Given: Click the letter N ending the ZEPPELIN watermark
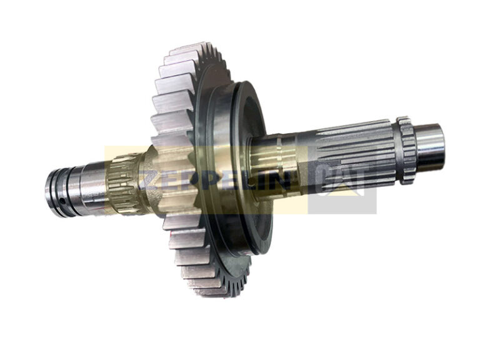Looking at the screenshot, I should tap(282, 181).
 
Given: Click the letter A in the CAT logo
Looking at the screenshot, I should tap(341, 180).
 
